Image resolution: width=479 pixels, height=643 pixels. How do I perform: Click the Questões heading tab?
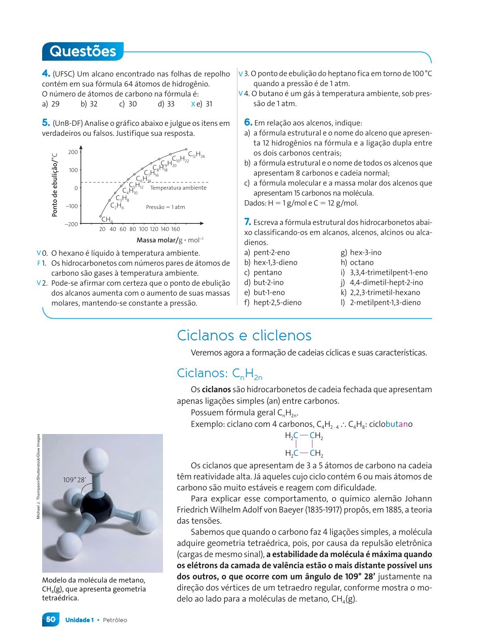pos(83,51)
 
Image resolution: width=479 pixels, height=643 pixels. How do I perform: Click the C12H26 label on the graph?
pos(196,154)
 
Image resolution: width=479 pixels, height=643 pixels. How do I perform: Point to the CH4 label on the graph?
pos(107,219)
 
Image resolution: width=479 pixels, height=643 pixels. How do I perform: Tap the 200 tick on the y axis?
pos(73,152)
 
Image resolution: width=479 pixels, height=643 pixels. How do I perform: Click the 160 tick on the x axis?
pos(175,229)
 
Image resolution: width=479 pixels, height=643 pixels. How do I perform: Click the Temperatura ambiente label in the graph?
pos(178,188)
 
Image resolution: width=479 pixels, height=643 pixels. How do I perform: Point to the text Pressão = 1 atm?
pos(165,207)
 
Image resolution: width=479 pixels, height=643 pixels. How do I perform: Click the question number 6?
pos(248,123)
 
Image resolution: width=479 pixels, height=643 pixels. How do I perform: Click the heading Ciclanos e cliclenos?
pos(244,335)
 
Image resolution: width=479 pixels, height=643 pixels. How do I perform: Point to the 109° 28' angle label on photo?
pos(75,480)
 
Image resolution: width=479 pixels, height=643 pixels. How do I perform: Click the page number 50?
pos(51,620)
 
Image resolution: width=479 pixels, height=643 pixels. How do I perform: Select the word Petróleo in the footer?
pos(115,620)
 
